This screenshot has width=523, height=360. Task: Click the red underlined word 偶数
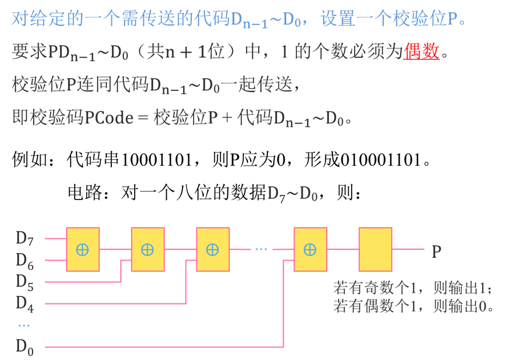click(421, 52)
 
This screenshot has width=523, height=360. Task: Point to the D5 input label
click(25, 282)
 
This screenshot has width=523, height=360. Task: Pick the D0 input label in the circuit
click(25, 346)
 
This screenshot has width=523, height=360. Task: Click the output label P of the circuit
click(436, 250)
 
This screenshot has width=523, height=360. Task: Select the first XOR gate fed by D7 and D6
click(83, 249)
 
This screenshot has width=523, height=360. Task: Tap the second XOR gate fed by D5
click(148, 249)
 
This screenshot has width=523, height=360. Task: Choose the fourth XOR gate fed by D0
click(310, 249)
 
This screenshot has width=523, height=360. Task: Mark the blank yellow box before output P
click(375, 249)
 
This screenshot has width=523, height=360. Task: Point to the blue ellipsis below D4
click(23, 325)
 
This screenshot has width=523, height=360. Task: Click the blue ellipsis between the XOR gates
click(261, 249)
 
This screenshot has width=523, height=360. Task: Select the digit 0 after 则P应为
click(280, 159)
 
